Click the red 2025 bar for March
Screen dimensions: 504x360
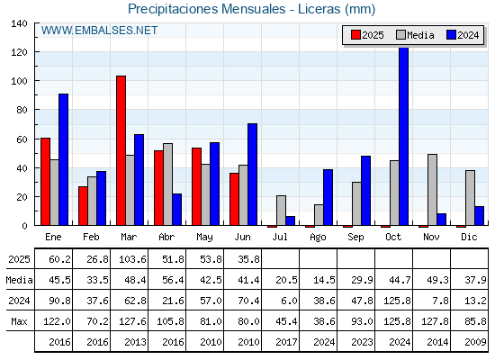coord(121,150)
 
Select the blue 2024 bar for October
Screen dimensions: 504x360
coord(404,136)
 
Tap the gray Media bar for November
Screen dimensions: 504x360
coord(432,190)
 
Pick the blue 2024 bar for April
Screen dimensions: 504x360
coord(176,209)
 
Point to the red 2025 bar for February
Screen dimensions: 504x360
coord(83,206)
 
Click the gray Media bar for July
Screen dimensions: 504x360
coord(281,211)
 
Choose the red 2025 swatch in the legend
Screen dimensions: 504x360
coord(355,35)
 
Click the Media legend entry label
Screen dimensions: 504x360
coord(420,35)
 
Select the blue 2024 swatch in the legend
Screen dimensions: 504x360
coord(451,35)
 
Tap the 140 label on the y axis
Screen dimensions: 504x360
coord(19,23)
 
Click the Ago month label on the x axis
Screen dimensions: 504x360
coord(318,238)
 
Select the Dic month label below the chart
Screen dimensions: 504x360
coord(469,237)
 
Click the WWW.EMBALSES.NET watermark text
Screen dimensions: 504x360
coord(99,31)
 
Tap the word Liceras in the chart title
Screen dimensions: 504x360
coord(319,9)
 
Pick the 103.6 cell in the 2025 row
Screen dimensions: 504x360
coord(132,259)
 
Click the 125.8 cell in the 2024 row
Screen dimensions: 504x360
coord(397,301)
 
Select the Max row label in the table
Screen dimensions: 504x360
coord(19,321)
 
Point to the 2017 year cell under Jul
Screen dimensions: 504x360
coord(286,342)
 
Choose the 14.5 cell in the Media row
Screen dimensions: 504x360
coord(324,280)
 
